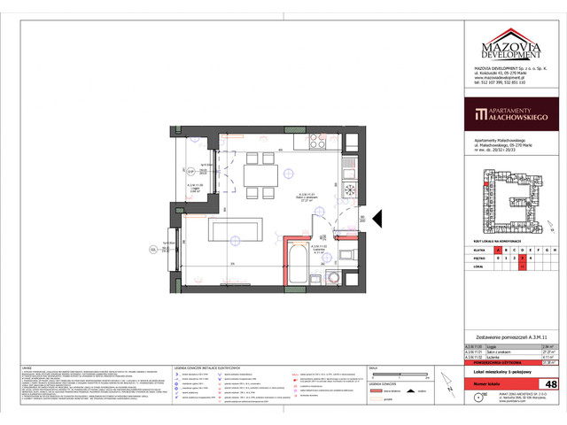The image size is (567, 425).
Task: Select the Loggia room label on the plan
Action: click(x=198, y=188)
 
